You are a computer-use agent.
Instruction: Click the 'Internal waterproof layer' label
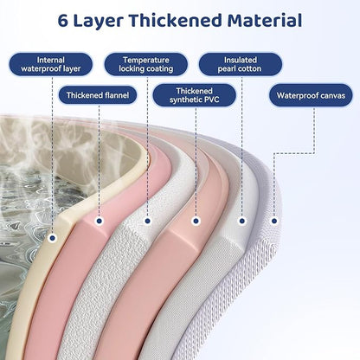coord(51,64)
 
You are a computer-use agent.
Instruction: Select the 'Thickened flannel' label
coord(98,95)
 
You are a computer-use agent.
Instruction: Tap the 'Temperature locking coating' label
coord(146,64)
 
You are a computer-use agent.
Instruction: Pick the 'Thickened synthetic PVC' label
coord(195,95)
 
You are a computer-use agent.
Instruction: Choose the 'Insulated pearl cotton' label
coord(241,64)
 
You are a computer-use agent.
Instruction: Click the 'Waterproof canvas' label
coord(311,95)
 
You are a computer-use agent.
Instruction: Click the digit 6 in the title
coord(63,21)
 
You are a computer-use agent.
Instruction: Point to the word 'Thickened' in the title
coord(176,21)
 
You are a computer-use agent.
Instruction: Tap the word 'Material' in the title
coord(265,21)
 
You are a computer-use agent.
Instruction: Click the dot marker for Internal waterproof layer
coord(52,238)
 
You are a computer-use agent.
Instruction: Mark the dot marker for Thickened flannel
coord(99,221)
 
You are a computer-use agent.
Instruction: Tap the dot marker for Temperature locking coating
coord(147,221)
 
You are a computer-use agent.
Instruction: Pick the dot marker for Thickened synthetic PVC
coord(196,221)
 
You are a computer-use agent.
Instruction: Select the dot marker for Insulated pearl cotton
coord(242,221)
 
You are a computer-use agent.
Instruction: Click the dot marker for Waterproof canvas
coord(274,221)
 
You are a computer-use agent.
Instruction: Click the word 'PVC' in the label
coord(211,100)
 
